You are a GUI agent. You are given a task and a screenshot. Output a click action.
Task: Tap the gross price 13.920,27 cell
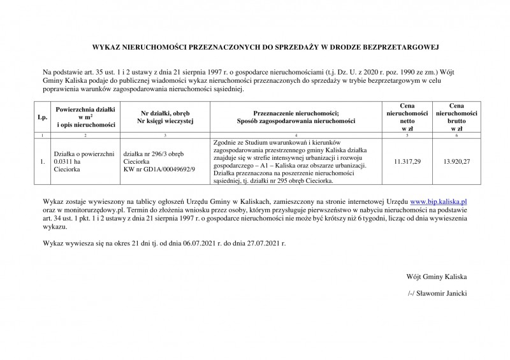pyautogui.click(x=456, y=162)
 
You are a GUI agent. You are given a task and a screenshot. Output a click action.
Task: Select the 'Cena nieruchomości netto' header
pyautogui.click(x=407, y=117)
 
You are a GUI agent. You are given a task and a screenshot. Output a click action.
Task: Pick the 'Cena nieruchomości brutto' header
pyautogui.click(x=456, y=117)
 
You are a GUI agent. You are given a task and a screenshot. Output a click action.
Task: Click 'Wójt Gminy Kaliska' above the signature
pyautogui.click(x=437, y=278)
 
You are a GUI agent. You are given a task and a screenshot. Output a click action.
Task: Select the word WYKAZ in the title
pyautogui.click(x=107, y=47)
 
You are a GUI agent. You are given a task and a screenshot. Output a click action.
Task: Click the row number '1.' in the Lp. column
pyautogui.click(x=43, y=162)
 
